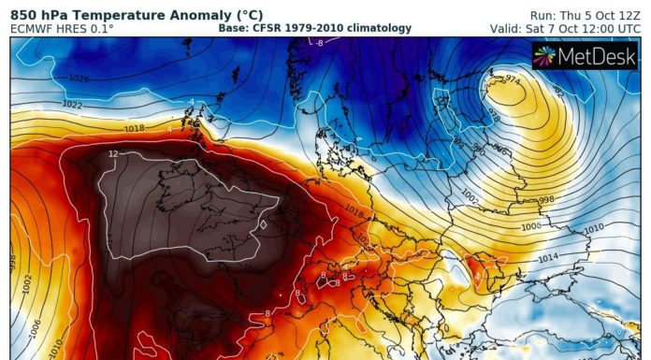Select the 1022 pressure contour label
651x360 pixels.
[46, 104]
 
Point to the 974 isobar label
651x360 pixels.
[512, 81]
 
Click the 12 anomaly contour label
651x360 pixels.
[112, 153]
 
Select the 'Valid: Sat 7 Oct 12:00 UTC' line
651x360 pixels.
[568, 29]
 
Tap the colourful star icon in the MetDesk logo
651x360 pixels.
[545, 56]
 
